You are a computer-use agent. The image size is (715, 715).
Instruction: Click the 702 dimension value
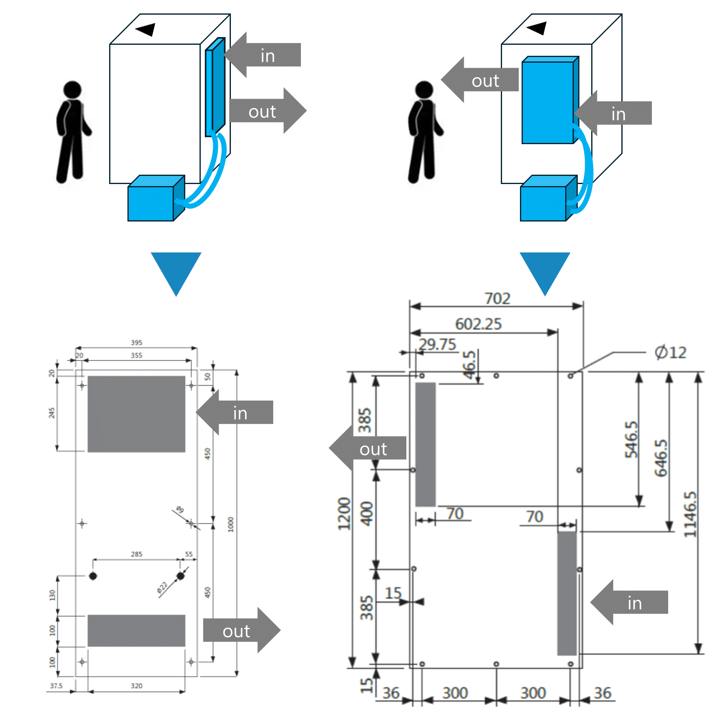coord(497,298)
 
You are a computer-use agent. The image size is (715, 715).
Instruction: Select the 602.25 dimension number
coord(478,324)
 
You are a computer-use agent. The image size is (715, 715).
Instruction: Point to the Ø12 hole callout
coord(670,352)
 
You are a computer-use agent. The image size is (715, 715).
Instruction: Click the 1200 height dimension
coord(344,514)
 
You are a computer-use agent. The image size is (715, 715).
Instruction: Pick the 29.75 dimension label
coord(437,344)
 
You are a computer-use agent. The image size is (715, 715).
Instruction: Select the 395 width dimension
coord(136,342)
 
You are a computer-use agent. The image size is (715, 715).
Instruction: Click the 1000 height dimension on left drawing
coord(231,524)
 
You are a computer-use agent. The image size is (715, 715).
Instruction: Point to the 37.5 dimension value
coord(56,686)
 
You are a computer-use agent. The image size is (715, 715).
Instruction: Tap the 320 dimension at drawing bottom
coord(136,686)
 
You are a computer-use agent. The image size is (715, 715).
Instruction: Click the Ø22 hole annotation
coord(162,588)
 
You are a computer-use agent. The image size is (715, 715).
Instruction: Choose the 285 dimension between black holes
coord(136,554)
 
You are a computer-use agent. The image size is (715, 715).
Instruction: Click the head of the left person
coord(72,90)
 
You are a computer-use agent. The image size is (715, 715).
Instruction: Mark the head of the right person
coord(424,90)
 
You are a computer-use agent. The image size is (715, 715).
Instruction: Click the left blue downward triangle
coord(176,269)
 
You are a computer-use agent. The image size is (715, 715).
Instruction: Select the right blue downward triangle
coord(545,269)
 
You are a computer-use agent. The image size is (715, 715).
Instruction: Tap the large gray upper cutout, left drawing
coord(136,414)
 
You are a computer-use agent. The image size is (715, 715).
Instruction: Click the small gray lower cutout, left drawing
coord(136,630)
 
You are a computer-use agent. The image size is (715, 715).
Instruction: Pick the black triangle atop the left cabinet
coord(146,29)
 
